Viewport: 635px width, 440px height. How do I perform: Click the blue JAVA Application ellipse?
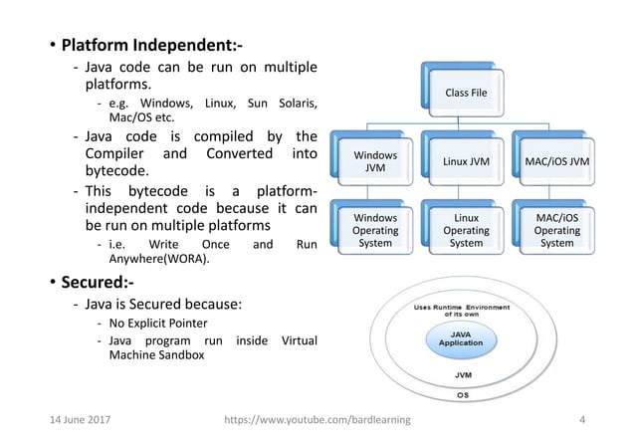tap(461, 339)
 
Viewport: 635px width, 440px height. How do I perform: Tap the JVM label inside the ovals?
tap(463, 375)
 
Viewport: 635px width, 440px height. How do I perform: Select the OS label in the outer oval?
tap(463, 395)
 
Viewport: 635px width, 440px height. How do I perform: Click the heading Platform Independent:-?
tap(152, 45)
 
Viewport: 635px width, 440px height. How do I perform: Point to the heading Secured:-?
tap(98, 282)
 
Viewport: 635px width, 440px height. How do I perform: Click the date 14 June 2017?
tap(81, 420)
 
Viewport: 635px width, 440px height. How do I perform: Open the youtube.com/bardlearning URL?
tap(317, 420)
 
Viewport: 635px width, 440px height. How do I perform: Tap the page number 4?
tap(582, 420)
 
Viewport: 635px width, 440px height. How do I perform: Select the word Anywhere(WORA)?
tap(159, 259)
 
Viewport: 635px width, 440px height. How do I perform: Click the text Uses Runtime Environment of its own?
tap(462, 311)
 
